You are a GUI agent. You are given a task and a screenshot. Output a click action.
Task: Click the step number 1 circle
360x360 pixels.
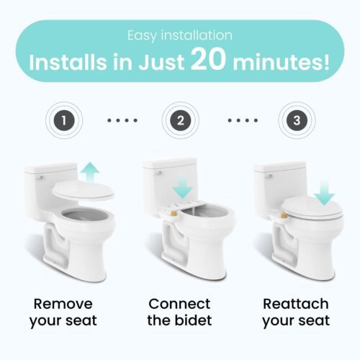(64, 120)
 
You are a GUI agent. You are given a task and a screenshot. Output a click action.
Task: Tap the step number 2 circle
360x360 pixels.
(181, 120)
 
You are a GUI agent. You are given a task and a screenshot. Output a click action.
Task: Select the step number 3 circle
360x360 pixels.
(297, 120)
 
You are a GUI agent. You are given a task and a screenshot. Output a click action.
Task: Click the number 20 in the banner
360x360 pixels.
(208, 60)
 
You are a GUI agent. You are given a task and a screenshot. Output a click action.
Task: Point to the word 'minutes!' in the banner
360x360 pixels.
(282, 63)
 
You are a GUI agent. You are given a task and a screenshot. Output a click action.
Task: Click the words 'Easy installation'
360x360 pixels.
(180, 35)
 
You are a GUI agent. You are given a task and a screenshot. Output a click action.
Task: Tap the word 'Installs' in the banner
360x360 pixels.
(67, 63)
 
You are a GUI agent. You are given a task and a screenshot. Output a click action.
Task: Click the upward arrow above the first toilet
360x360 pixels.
(90, 172)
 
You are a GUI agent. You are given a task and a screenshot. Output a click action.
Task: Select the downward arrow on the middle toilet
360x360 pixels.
(183, 186)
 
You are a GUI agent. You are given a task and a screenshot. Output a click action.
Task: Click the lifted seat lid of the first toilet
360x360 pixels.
(83, 191)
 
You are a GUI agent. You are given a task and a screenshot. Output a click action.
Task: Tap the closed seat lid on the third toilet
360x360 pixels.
(312, 208)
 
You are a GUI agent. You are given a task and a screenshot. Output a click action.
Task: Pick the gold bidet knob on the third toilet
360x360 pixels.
(286, 215)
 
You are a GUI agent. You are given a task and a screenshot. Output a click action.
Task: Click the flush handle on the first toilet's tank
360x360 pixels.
(40, 178)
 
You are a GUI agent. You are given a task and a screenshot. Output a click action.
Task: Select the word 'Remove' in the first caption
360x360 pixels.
(63, 304)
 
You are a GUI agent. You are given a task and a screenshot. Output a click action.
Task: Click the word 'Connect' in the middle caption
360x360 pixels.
(179, 304)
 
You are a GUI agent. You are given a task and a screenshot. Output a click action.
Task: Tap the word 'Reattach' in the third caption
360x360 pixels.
(296, 304)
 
